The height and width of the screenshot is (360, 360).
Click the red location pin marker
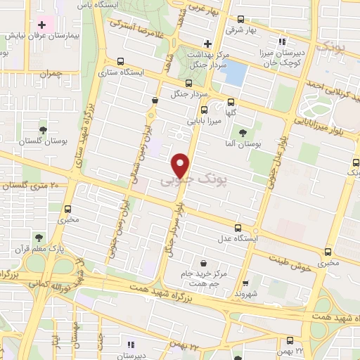click(182, 165)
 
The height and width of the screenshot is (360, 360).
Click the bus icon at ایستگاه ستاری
click(120, 61)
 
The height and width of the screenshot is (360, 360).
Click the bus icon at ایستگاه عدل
click(238, 227)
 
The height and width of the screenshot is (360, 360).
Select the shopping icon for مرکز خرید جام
click(204, 263)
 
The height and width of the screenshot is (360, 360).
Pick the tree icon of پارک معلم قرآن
click(41, 237)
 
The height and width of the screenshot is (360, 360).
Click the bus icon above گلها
click(204, 110)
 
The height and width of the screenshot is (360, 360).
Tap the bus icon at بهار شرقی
click(241, 20)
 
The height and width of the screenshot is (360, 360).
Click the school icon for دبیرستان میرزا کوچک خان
click(283, 41)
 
